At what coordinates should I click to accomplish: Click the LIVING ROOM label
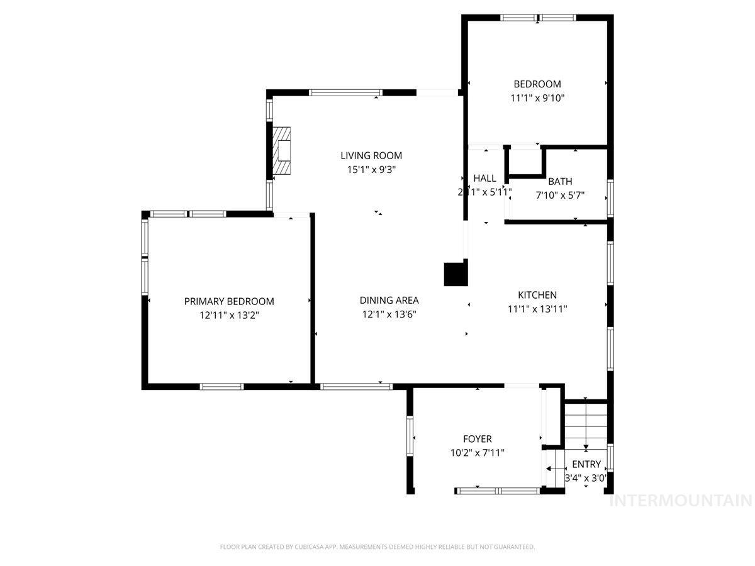pyautogui.click(x=371, y=155)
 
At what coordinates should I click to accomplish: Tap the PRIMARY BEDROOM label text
pyautogui.click(x=229, y=301)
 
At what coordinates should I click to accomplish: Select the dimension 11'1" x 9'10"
pyautogui.click(x=537, y=97)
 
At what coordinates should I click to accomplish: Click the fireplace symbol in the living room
pyautogui.click(x=282, y=151)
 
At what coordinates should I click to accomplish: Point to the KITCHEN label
pyautogui.click(x=537, y=295)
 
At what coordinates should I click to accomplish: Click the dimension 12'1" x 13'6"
pyautogui.click(x=389, y=314)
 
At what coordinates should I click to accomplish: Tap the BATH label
pyautogui.click(x=560, y=182)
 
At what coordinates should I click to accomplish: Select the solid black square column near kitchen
pyautogui.click(x=456, y=274)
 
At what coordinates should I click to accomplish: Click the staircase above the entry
pyautogui.click(x=585, y=425)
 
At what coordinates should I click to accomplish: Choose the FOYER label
pyautogui.click(x=477, y=439)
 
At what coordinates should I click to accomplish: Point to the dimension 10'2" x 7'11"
pyautogui.click(x=477, y=452)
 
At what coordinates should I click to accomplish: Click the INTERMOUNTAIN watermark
pyautogui.click(x=681, y=501)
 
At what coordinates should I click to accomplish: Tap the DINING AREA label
pyautogui.click(x=389, y=301)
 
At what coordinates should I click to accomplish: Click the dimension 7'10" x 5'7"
pyautogui.click(x=560, y=195)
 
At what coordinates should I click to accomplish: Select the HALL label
pyautogui.click(x=484, y=179)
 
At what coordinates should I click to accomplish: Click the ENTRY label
pyautogui.click(x=586, y=465)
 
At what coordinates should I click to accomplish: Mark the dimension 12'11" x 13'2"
pyautogui.click(x=229, y=315)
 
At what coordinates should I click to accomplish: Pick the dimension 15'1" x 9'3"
pyautogui.click(x=371, y=169)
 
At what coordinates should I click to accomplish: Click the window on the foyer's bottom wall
pyautogui.click(x=497, y=490)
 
